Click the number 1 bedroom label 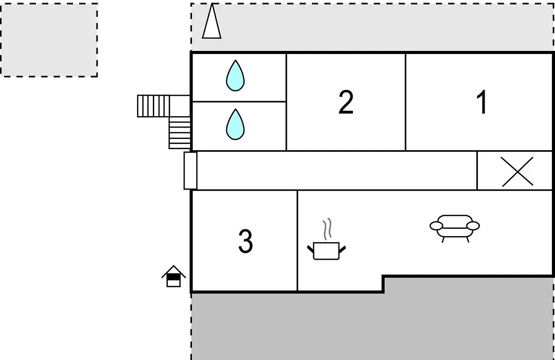pos(482,102)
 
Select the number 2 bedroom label pos(346,102)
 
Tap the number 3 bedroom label pos(245,241)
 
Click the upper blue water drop pos(235,76)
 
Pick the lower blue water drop pos(235,124)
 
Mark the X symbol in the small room pos(517,171)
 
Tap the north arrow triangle pos(212,21)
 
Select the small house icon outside pos(174,276)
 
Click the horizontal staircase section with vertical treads pos(153,106)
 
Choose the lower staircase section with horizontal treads pos(180,133)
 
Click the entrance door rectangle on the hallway pos(191,171)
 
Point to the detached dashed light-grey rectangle pos(49,40)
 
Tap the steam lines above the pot pos(328,229)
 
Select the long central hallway pos(336,171)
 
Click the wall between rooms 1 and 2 pos(405,102)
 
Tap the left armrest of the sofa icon pos(436,226)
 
